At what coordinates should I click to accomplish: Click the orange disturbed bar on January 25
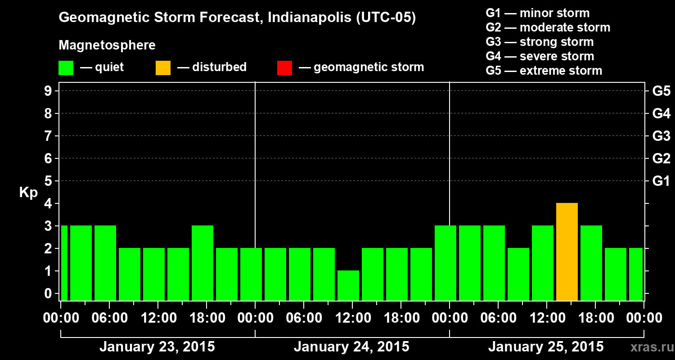click(567, 252)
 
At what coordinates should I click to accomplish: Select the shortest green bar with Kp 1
click(348, 285)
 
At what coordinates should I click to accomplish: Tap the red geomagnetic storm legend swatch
click(284, 67)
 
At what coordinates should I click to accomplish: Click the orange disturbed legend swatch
click(163, 67)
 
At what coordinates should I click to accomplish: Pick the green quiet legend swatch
click(66, 67)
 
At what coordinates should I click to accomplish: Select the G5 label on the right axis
click(661, 91)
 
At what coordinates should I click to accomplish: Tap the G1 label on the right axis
click(661, 181)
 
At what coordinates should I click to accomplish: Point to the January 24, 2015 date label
click(351, 347)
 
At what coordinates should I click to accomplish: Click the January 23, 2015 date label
click(157, 347)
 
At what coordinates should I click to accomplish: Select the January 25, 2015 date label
click(546, 347)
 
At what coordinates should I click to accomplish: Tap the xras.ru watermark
click(649, 347)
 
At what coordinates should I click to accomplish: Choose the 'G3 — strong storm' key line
click(540, 42)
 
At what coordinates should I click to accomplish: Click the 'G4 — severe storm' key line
click(540, 56)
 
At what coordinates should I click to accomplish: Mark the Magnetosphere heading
click(107, 45)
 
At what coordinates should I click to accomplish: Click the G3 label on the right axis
click(661, 136)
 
